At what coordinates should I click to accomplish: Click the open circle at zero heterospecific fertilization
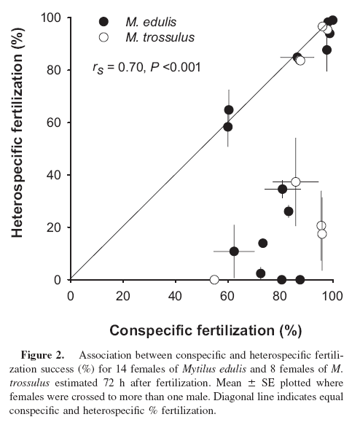214,279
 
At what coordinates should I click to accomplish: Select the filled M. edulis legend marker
103,22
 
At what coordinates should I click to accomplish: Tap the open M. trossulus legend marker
103,37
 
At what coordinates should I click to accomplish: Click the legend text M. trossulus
160,37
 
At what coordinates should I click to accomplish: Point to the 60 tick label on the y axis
53,122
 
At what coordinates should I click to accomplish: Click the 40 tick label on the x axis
175,296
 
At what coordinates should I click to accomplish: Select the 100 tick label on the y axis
51,18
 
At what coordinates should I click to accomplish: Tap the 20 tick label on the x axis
123,296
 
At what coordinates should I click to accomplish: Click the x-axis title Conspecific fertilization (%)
206,330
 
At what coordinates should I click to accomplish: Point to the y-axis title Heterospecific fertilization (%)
17,133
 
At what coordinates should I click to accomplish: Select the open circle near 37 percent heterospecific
296,182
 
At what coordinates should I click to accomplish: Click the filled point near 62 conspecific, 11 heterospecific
234,252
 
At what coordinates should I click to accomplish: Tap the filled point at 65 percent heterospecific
229,110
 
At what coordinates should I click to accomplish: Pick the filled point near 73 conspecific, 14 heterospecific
263,243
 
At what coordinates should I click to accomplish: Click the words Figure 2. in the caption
43,355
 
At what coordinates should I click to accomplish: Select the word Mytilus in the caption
200,369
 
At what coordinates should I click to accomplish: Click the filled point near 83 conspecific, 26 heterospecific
289,211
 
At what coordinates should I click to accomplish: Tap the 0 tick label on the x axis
71,296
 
